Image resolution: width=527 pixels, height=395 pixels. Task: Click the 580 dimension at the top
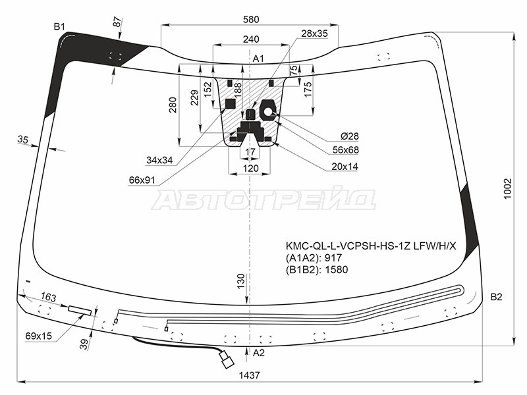pyautogui.click(x=251, y=20)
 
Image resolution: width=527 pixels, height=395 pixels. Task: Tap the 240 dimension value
pyautogui.click(x=251, y=39)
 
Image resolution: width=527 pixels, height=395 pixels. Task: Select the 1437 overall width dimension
pyautogui.click(x=250, y=375)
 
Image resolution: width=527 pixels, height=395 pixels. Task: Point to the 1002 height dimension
pyautogui.click(x=507, y=188)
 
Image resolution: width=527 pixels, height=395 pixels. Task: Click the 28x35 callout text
pyautogui.click(x=314, y=34)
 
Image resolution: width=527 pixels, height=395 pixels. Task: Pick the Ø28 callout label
pyautogui.click(x=349, y=136)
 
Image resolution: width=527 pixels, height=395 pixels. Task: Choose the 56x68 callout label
pyautogui.click(x=345, y=150)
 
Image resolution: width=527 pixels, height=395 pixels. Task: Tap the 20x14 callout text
pyautogui.click(x=345, y=167)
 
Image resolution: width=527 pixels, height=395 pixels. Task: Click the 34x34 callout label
pyautogui.click(x=159, y=160)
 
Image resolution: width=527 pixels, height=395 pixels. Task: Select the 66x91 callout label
pyautogui.click(x=142, y=180)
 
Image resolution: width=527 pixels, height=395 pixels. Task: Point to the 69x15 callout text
pyautogui.click(x=39, y=336)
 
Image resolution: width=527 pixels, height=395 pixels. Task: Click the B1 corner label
pyautogui.click(x=59, y=26)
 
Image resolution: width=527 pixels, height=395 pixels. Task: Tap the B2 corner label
pyautogui.click(x=496, y=297)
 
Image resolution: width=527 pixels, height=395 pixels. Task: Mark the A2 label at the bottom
pyautogui.click(x=258, y=353)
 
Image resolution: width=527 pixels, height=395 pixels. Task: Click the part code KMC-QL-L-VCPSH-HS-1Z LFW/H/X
pyautogui.click(x=371, y=246)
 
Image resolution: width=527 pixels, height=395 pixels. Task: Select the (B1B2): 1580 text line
pyautogui.click(x=317, y=269)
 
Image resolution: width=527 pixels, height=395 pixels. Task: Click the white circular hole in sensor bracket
pyautogui.click(x=268, y=111)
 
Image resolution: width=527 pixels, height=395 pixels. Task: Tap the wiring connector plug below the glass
pyautogui.click(x=227, y=359)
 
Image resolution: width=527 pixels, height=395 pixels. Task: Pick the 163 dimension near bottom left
pyautogui.click(x=48, y=297)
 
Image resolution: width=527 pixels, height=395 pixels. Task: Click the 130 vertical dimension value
pyautogui.click(x=241, y=281)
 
